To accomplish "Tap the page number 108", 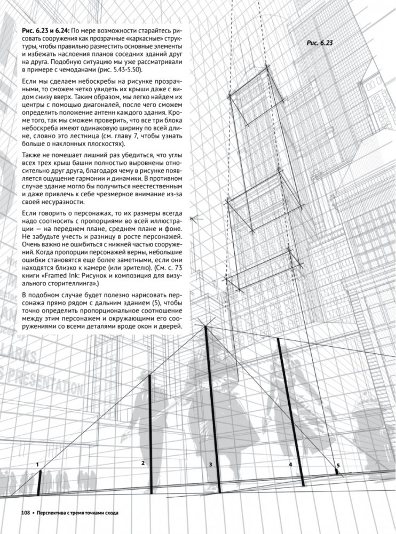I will [26, 513].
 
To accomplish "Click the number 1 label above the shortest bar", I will [38, 465].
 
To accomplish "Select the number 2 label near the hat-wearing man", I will [143, 463].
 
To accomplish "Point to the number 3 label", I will [211, 465].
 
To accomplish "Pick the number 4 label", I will [290, 465].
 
